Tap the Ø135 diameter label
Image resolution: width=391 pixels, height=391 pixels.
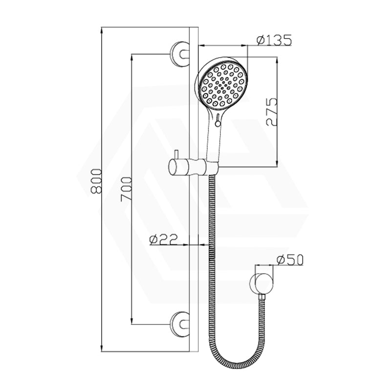pyautogui.click(x=274, y=41)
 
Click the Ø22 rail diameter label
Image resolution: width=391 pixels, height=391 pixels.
pyautogui.click(x=163, y=239)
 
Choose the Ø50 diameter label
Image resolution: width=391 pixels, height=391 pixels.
pyautogui.click(x=289, y=260)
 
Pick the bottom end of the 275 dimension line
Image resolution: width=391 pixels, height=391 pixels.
pyautogui.click(x=277, y=167)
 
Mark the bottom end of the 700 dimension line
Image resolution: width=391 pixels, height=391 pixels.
pyautogui.click(x=131, y=325)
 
